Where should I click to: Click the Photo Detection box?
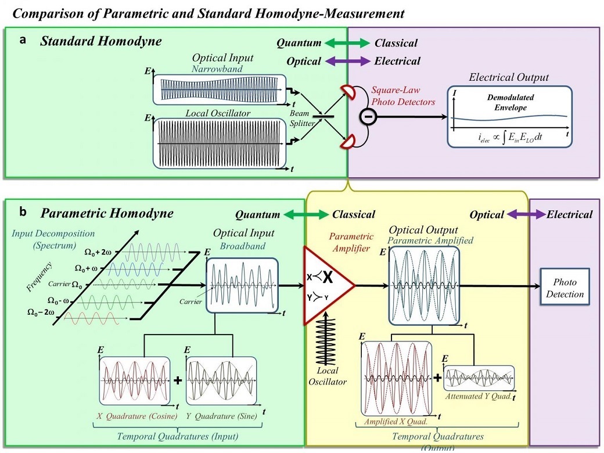point(565,286)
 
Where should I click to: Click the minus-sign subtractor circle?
point(371,116)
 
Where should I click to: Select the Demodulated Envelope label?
point(510,103)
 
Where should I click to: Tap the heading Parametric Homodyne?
point(106,213)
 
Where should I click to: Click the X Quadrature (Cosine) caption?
point(133,417)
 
